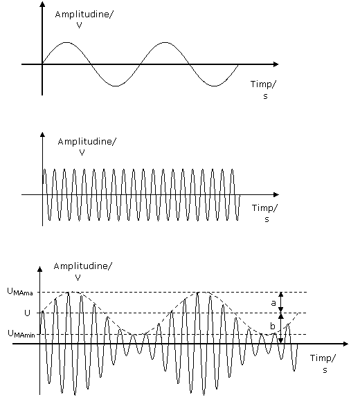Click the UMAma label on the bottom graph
[x=20, y=292]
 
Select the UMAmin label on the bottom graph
[x=21, y=334]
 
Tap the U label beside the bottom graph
[x=27, y=313]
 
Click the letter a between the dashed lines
[x=273, y=303]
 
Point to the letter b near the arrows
[x=273, y=326]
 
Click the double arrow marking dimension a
[x=280, y=302]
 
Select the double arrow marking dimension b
[x=280, y=329]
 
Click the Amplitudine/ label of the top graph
[x=84, y=15]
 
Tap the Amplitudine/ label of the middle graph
[x=87, y=142]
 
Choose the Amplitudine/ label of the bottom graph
[x=82, y=266]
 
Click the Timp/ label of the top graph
[x=263, y=84]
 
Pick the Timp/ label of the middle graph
[x=264, y=208]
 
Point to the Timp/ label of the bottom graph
[x=323, y=358]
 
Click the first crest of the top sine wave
[x=66, y=42]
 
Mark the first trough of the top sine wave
[x=116, y=86]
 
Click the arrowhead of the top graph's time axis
[x=276, y=64]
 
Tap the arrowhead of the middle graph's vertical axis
[x=42, y=134]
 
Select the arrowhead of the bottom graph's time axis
[x=345, y=344]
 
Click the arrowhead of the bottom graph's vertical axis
[x=39, y=269]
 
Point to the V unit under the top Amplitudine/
[x=79, y=26]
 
